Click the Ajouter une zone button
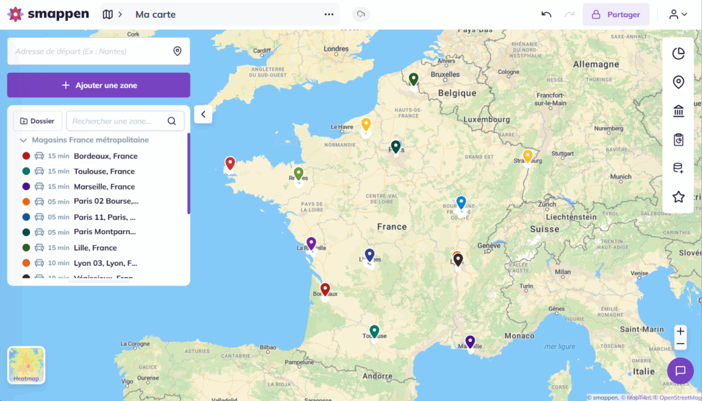(x=99, y=85)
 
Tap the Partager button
(x=616, y=14)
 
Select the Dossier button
(x=38, y=121)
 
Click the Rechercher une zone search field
(x=118, y=121)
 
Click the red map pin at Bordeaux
(x=326, y=289)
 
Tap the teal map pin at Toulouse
(x=374, y=331)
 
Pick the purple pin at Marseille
(x=470, y=341)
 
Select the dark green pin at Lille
(x=413, y=79)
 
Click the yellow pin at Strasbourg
(x=527, y=156)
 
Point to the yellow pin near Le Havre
(x=366, y=124)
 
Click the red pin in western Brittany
(x=230, y=163)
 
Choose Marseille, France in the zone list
(x=104, y=187)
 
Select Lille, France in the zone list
(x=95, y=248)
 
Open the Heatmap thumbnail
(x=26, y=365)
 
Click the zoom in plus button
(x=680, y=331)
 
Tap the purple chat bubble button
(x=680, y=371)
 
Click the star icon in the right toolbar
(x=679, y=197)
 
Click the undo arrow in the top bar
(x=546, y=14)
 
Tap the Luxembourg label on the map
(x=486, y=119)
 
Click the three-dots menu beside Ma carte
(x=329, y=14)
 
